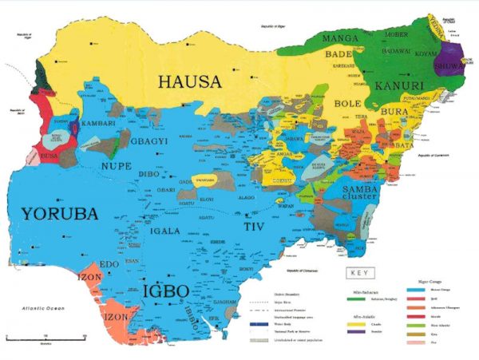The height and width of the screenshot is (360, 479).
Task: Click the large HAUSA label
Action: click(x=190, y=82)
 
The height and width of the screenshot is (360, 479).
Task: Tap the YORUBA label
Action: click(x=60, y=214)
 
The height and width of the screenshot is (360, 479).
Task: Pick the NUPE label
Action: click(x=114, y=165)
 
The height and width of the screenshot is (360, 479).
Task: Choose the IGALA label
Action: click(x=169, y=232)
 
